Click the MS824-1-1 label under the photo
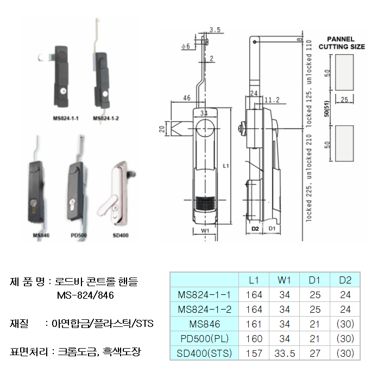click(66, 118)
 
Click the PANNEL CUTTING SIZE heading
click(341, 43)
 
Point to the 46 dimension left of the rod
click(187, 98)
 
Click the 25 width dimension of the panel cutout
click(343, 100)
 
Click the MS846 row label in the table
click(204, 324)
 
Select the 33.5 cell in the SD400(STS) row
click(285, 353)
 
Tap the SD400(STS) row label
click(204, 353)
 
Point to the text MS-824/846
click(85, 295)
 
